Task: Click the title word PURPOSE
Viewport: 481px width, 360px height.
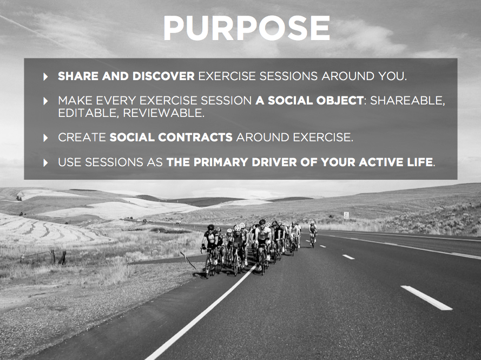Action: coord(247,28)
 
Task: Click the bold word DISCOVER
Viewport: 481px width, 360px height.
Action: coord(163,76)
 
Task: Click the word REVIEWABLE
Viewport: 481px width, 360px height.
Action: coord(163,113)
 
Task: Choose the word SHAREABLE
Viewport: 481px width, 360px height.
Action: coord(406,101)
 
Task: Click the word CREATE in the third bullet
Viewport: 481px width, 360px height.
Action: coord(82,138)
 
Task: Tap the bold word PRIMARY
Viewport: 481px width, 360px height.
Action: coord(221,162)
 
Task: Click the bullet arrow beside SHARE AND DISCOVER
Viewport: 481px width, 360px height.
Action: coord(45,76)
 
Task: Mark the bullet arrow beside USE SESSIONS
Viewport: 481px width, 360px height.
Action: coord(45,162)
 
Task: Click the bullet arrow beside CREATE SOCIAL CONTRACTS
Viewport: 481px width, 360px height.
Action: coord(45,138)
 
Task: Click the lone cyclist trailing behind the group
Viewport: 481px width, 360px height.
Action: coord(313,234)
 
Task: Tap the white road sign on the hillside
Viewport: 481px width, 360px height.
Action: coord(346,214)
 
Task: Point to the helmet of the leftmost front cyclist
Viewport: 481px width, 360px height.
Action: coord(211,227)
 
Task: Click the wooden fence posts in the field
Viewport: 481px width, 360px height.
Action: coord(58,257)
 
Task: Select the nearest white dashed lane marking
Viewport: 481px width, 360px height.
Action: coord(426,298)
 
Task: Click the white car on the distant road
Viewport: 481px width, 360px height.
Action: coord(179,222)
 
